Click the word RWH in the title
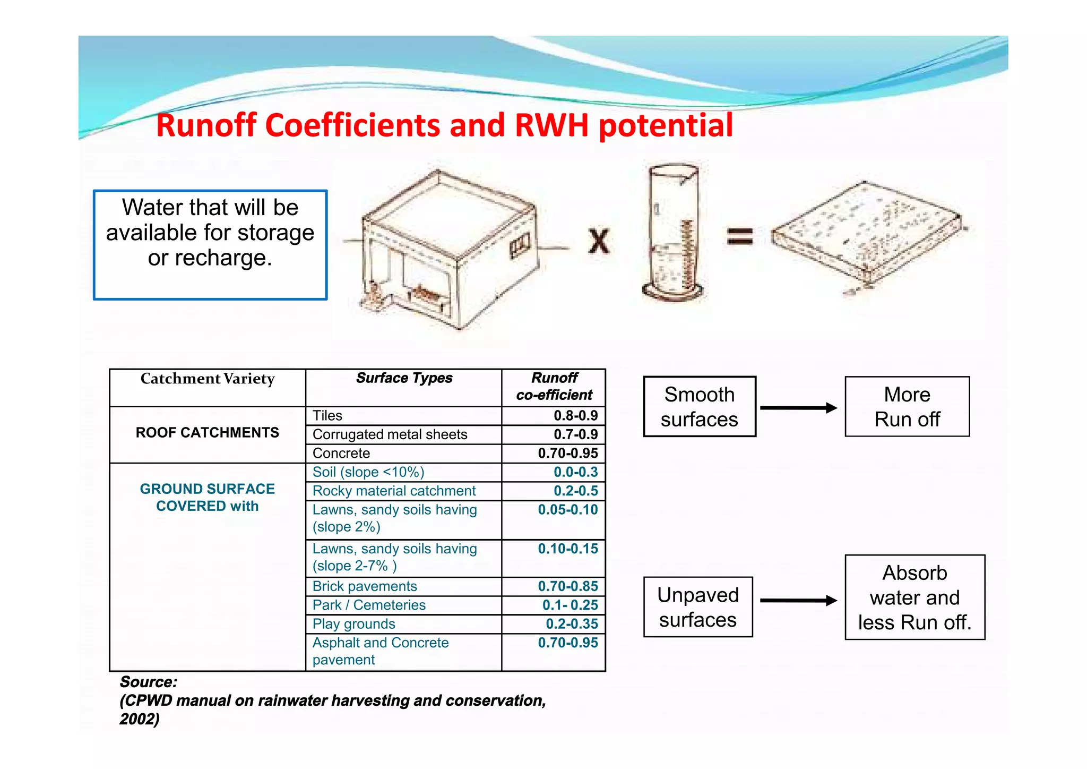click(551, 126)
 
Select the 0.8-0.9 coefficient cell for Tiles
click(575, 416)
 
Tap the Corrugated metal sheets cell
click(390, 434)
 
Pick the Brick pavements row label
click(365, 586)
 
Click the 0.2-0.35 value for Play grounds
click(572, 624)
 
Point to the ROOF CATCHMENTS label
click(207, 433)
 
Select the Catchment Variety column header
click(207, 379)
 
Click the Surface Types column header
click(404, 378)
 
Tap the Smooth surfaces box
click(699, 407)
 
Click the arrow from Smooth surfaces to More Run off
click(798, 408)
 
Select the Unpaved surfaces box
click(697, 607)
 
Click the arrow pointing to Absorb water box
click(798, 601)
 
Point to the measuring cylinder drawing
click(673, 234)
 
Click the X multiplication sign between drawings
click(599, 241)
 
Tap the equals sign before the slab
click(739, 236)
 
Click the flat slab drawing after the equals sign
click(866, 234)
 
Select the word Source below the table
click(148, 682)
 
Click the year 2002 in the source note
click(138, 719)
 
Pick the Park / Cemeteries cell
click(369, 605)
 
